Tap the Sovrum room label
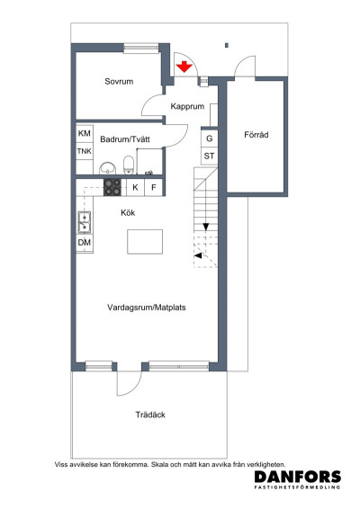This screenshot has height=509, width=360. tap(119, 82)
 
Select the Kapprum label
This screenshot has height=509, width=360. tap(189, 106)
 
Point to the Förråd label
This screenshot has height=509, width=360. tap(256, 136)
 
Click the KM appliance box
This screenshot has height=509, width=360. tap(85, 134)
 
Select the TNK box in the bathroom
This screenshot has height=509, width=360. tap(85, 151)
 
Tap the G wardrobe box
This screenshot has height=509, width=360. tap(209, 139)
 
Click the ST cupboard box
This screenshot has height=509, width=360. tap(209, 156)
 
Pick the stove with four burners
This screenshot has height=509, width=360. tap(113, 187)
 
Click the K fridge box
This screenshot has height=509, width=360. tap(135, 187)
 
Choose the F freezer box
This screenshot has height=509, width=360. tap(154, 187)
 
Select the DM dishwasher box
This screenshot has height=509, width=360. tap(85, 244)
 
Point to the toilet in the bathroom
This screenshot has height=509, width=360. tap(130, 164)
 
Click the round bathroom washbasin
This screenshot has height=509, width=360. tap(107, 167)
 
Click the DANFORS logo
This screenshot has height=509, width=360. tap(297, 478)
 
